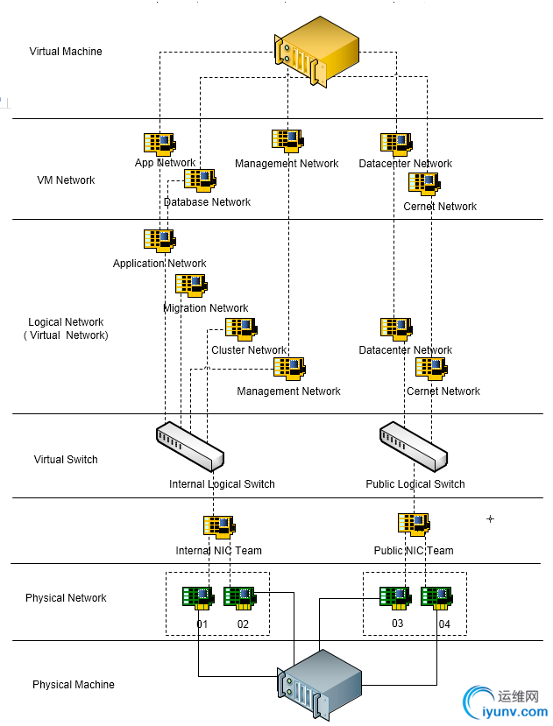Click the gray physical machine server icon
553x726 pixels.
(320, 683)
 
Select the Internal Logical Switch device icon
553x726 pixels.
(189, 446)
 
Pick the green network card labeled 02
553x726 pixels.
(238, 598)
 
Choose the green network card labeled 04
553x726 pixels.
(436, 598)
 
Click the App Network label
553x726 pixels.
(165, 163)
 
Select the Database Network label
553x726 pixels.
(207, 202)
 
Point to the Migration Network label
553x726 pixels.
(206, 308)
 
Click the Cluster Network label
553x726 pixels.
(249, 350)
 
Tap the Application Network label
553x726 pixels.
(160, 264)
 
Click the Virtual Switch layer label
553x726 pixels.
(66, 460)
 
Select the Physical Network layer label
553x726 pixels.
(66, 598)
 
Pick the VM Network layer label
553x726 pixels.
(66, 180)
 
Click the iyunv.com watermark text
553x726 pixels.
(511, 712)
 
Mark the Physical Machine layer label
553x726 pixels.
(74, 685)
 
